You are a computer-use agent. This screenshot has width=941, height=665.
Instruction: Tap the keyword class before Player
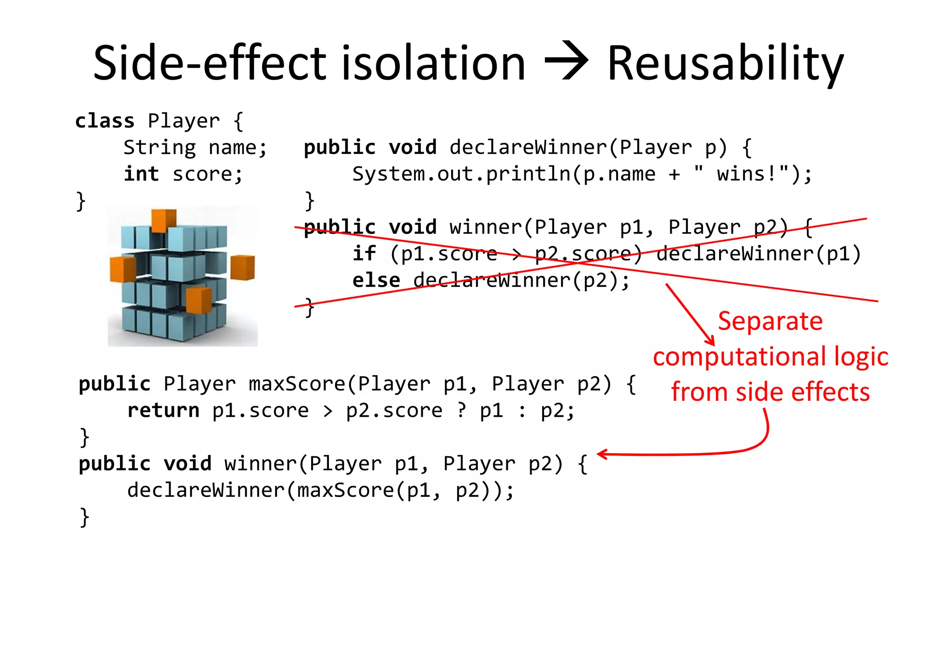pos(105,121)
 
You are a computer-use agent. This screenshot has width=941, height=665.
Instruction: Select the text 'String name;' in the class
pos(195,148)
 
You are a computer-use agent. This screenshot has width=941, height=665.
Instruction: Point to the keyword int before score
pos(141,175)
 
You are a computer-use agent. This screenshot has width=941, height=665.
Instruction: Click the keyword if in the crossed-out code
pos(364,254)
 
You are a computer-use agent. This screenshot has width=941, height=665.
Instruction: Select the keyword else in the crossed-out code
pos(376,281)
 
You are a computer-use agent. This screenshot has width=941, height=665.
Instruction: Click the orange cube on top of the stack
pos(164,220)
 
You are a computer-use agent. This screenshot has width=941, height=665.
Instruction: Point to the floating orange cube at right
pos(242,267)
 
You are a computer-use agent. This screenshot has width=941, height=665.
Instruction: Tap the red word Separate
pos(770,321)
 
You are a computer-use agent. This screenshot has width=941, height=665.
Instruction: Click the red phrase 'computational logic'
pos(771,357)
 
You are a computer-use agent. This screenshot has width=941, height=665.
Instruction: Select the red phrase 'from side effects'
pos(770,392)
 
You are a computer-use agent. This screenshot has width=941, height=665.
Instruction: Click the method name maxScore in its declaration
pos(297,384)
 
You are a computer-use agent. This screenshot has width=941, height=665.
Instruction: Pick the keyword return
pos(163,411)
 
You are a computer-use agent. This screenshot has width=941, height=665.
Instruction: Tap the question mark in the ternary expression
pos(461,410)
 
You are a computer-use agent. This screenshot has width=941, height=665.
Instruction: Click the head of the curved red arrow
pos(602,455)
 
